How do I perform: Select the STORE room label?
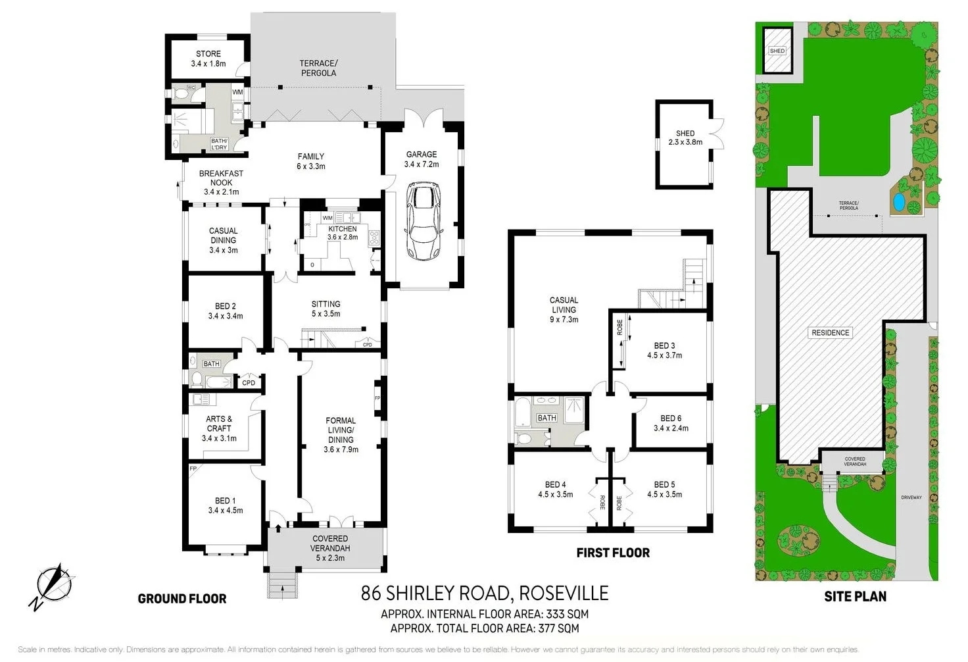click(208, 59)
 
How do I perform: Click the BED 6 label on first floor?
click(671, 422)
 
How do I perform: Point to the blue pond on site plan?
click(898, 202)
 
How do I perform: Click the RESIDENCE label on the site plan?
click(830, 332)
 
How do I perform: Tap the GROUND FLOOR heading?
click(182, 599)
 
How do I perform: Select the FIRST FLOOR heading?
click(613, 553)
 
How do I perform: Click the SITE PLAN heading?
click(855, 597)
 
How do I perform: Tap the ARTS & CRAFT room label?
click(219, 428)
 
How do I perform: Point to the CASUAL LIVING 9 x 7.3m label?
click(564, 309)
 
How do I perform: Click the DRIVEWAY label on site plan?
click(911, 497)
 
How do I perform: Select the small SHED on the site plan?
click(777, 51)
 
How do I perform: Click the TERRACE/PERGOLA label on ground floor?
click(318, 68)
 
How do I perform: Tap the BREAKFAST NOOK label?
click(221, 182)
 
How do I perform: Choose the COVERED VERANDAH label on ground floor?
click(330, 547)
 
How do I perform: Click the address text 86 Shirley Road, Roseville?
click(485, 594)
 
